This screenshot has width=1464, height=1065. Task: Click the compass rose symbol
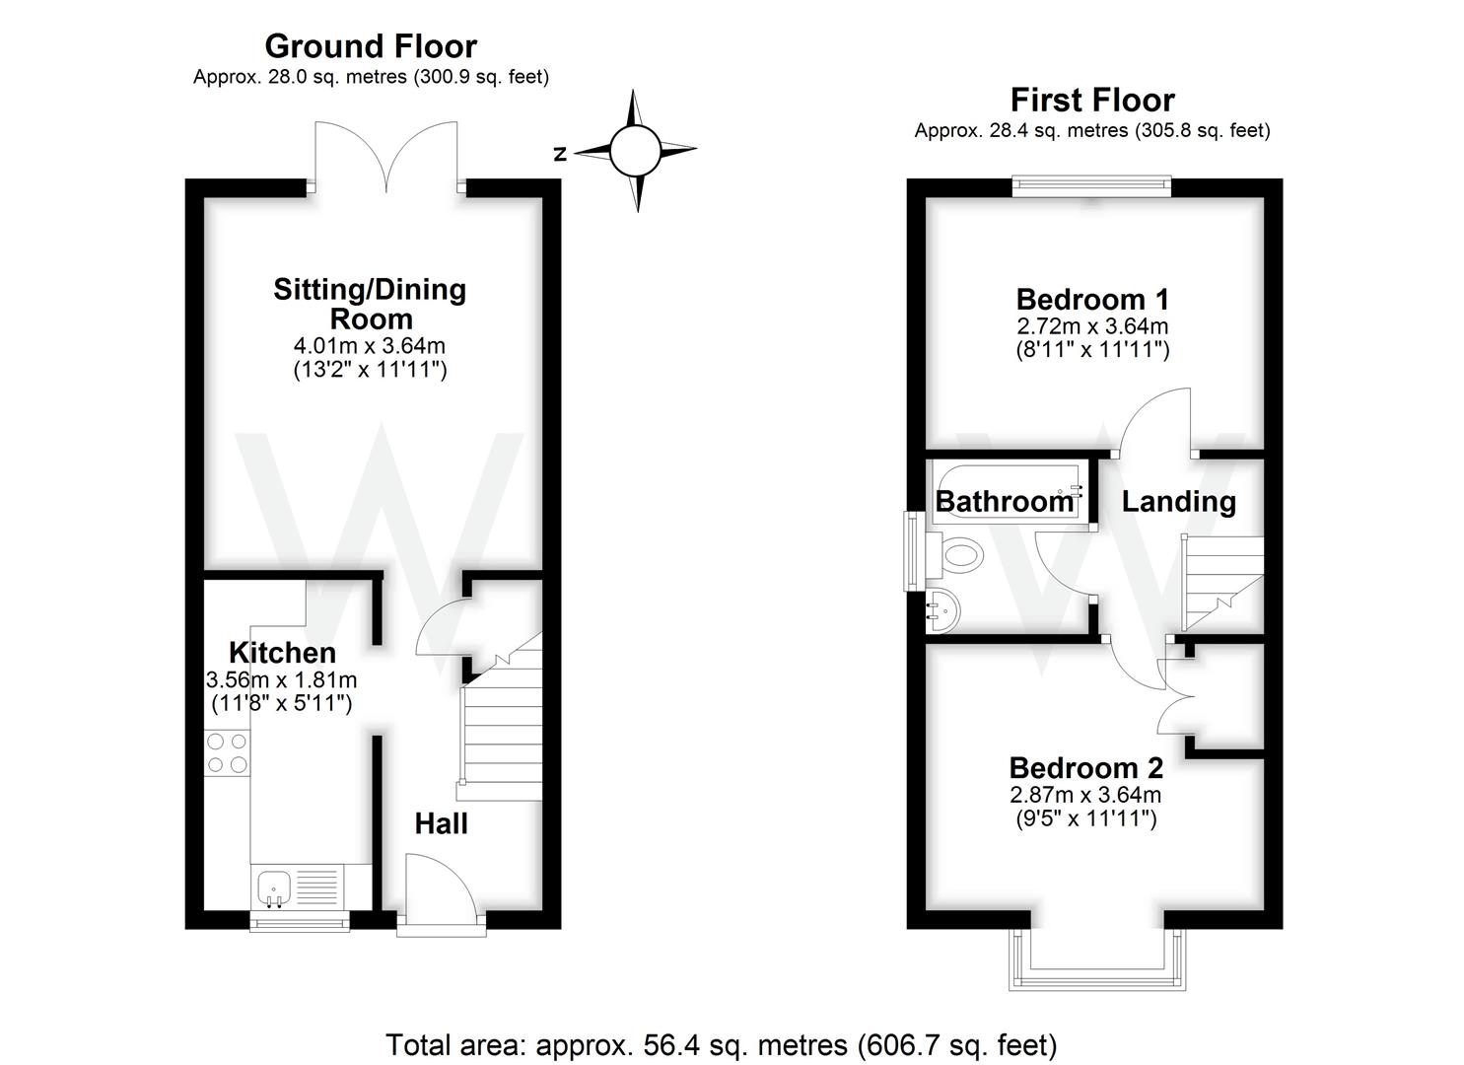pyautogui.click(x=634, y=151)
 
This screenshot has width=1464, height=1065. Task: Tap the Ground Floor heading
pyautogui.click(x=371, y=46)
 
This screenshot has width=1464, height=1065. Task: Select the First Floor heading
pyautogui.click(x=1091, y=100)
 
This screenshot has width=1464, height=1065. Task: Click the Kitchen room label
pyautogui.click(x=282, y=653)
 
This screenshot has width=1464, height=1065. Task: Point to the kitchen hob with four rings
pyautogui.click(x=227, y=752)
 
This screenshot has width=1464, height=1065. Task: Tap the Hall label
pyautogui.click(x=441, y=823)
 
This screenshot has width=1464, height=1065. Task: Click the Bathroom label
pyautogui.click(x=1004, y=502)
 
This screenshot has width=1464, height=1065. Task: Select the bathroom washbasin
pyautogui.click(x=941, y=611)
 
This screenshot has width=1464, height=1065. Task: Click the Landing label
pyautogui.click(x=1178, y=501)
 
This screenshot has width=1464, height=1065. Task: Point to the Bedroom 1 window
pyautogui.click(x=1091, y=186)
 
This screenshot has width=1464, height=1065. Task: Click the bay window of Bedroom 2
pyautogui.click(x=1095, y=961)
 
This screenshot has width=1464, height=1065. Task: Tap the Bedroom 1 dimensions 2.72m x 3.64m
pyautogui.click(x=1092, y=325)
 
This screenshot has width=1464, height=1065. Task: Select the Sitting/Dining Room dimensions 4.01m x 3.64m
pyautogui.click(x=370, y=346)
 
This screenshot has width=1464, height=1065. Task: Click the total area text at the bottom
pyautogui.click(x=721, y=1044)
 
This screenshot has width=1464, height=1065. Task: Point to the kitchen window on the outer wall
pyautogui.click(x=299, y=923)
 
